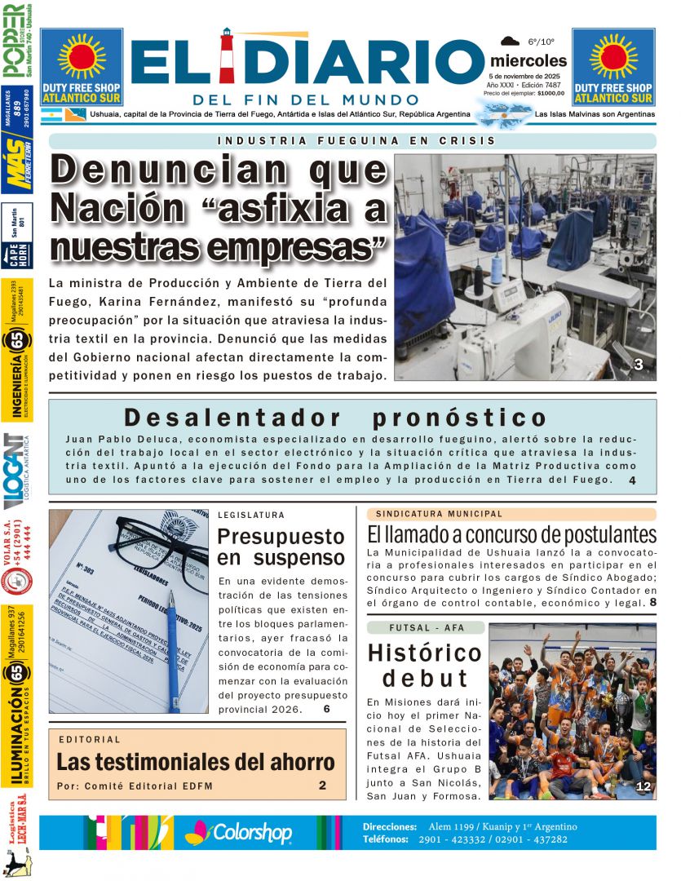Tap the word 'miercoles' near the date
pos(528,60)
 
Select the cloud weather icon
pos(511,41)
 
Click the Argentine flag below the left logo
pos(50,114)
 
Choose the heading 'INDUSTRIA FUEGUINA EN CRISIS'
pos(356,140)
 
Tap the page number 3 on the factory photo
pos(639,366)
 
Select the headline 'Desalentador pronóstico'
pos(335,418)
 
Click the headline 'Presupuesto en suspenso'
pos(281,547)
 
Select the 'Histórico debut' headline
pos(424,665)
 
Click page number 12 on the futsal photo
pos(643,786)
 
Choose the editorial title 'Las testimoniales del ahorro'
pos(196,762)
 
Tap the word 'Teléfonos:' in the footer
pos(389,839)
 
